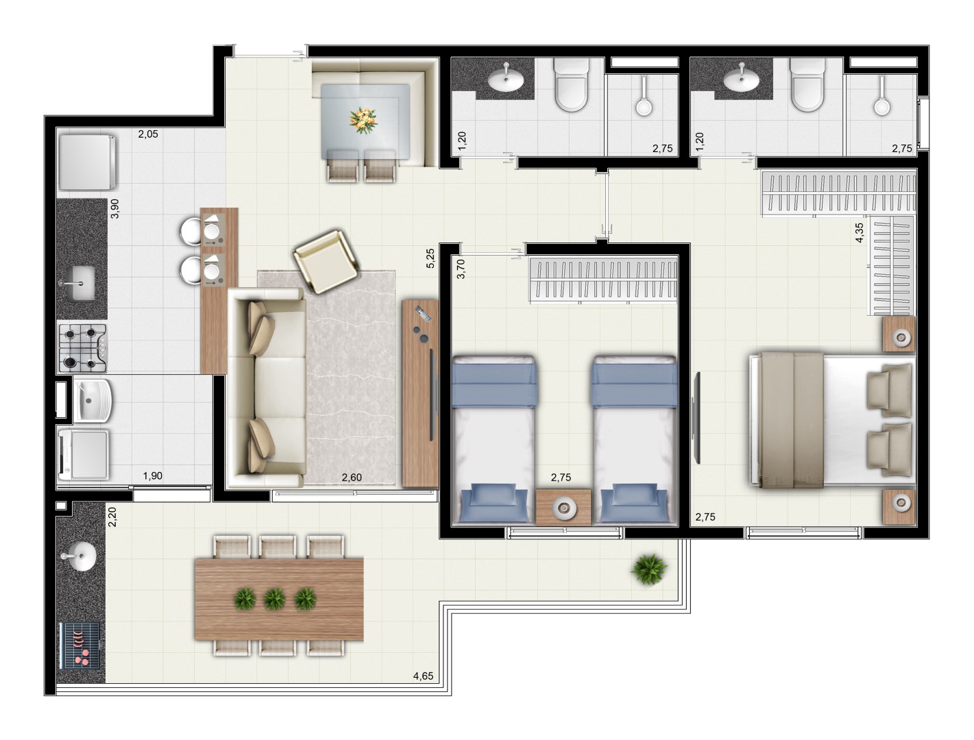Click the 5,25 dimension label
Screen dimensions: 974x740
coord(430,258)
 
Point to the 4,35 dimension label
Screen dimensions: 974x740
coord(859,232)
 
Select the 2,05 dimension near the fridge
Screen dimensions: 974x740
coord(148,134)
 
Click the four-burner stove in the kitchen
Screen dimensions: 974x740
coord(83,348)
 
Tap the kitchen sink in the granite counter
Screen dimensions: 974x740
coord(81,283)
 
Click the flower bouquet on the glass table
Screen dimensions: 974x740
coord(363,120)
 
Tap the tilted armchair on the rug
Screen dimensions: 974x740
coord(326,261)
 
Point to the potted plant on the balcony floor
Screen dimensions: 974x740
coord(648,569)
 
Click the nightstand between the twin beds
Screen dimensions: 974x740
coord(563,507)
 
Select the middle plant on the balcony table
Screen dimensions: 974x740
coord(275,600)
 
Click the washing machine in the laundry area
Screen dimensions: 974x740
coord(83,454)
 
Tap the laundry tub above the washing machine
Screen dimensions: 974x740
coord(93,399)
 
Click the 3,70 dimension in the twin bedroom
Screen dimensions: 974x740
coord(461,269)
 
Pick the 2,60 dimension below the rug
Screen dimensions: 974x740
coord(352,478)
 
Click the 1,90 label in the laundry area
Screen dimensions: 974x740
coord(152,476)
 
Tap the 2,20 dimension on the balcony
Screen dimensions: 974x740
coord(112,517)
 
